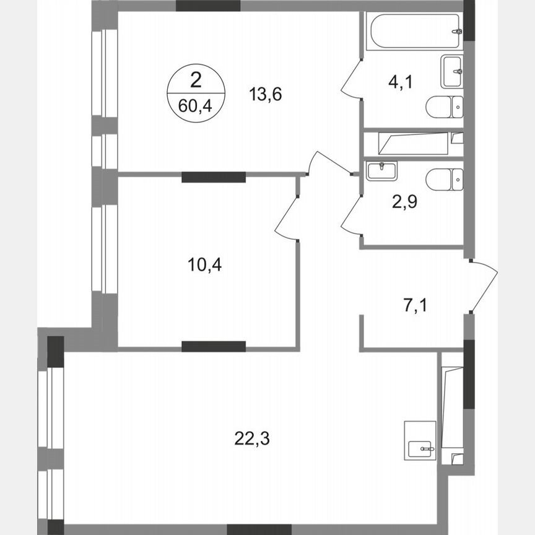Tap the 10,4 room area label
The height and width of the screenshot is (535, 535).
205,264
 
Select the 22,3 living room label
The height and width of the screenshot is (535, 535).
253,439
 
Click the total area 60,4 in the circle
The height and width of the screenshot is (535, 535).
194,105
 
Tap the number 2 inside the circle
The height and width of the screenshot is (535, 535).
195,80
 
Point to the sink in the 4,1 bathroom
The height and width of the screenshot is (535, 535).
452,71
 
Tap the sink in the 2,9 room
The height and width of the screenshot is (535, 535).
381,170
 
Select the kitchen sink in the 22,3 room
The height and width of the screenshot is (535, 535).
420,440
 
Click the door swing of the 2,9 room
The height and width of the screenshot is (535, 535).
352,214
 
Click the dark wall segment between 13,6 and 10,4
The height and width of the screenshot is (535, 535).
214,177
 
